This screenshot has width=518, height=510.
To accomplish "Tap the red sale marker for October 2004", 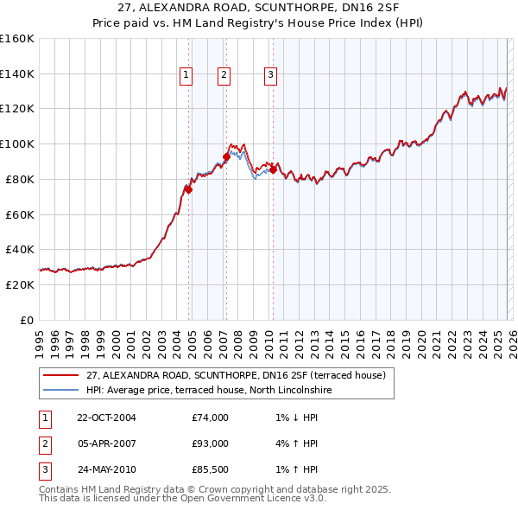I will [188, 189].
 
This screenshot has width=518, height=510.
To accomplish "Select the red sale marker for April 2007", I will [226, 156].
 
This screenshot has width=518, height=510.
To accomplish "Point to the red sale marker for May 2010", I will [273, 169].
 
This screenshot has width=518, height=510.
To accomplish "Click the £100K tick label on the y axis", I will [16, 143].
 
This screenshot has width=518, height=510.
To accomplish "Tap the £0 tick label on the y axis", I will [26, 320].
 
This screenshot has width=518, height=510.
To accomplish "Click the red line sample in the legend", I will [60, 375].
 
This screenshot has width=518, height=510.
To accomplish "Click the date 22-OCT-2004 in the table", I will [106, 418].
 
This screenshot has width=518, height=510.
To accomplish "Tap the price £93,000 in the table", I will [210, 443].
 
